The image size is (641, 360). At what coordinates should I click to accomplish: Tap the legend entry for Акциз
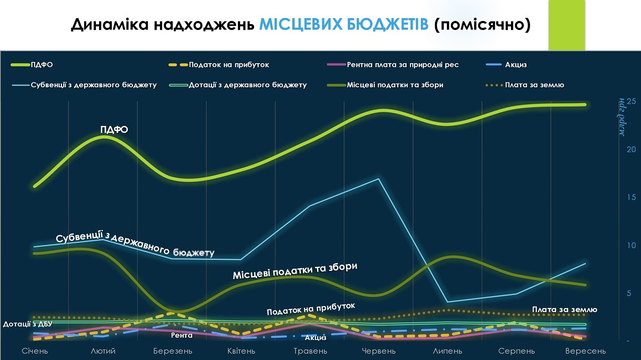click(x=516, y=65)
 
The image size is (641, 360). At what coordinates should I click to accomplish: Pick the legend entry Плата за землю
click(x=534, y=85)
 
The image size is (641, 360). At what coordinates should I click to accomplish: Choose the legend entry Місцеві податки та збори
click(x=395, y=85)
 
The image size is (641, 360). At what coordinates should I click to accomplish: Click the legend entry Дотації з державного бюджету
click(x=247, y=85)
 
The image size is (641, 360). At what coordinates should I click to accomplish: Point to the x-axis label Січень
click(x=35, y=351)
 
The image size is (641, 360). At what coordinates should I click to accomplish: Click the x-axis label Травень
click(x=310, y=351)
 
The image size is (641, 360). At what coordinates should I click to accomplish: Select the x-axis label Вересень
click(x=586, y=351)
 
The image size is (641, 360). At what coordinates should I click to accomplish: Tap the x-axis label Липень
click(x=448, y=351)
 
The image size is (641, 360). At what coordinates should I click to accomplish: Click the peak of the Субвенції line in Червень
click(x=379, y=179)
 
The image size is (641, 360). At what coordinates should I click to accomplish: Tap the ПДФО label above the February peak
click(x=114, y=130)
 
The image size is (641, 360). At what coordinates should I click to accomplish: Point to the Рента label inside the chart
click(x=182, y=335)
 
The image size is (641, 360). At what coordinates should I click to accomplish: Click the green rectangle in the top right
click(x=566, y=25)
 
